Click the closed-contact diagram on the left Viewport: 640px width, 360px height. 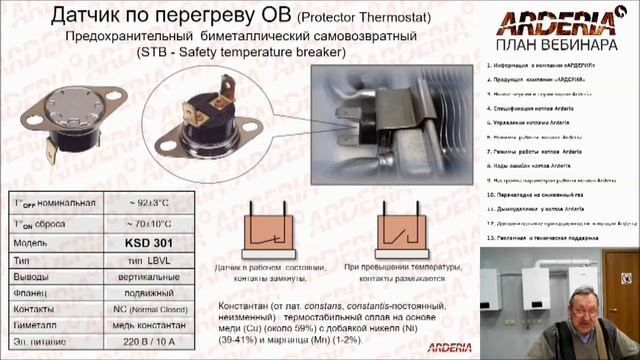(261, 229)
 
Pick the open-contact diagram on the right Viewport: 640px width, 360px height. (406, 229)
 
